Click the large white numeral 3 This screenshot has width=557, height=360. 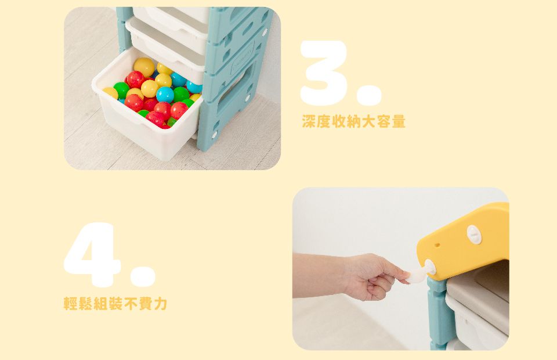pos(323,73)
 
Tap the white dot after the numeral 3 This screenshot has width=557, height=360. pos(369,95)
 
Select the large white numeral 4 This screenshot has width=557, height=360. pos(91,254)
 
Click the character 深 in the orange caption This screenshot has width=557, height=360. pos(309,121)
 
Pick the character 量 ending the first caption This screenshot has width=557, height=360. pos(398,121)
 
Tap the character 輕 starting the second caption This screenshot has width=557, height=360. pos(71,303)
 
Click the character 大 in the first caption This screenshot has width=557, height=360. pos(369,121)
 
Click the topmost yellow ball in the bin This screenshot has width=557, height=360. pos(144,67)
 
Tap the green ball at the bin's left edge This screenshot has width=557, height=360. pos(121,90)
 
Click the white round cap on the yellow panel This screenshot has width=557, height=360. pos(474,235)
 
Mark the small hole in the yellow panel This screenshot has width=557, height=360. pos(437,245)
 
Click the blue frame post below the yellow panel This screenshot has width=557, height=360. pos(440,313)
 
